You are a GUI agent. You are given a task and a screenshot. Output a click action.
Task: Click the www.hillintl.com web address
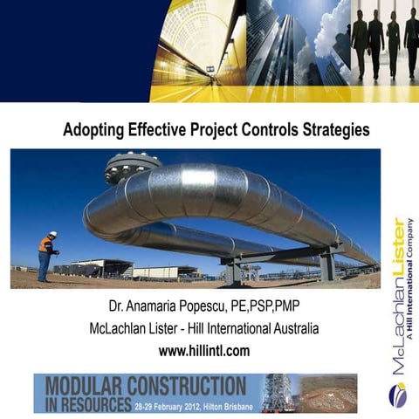click(x=204, y=351)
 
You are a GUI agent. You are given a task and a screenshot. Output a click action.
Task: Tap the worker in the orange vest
click(x=45, y=258)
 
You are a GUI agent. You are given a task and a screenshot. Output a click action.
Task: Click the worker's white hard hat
click(x=52, y=234)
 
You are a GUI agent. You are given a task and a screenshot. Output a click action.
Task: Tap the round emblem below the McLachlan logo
click(x=398, y=394)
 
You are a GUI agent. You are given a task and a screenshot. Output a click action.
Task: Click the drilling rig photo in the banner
click(x=278, y=393)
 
